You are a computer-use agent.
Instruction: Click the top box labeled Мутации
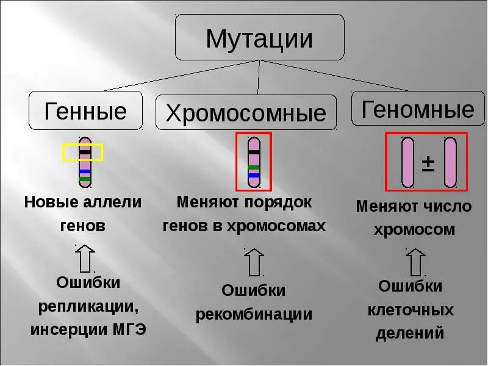(x=260, y=38)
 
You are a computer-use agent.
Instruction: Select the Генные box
(x=85, y=111)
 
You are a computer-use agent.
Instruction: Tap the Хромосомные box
(x=246, y=113)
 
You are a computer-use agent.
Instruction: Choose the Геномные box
(x=418, y=109)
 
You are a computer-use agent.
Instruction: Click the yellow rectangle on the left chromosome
(x=83, y=152)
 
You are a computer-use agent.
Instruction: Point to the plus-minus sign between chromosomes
(x=428, y=163)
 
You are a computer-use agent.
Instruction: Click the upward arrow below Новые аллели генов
(x=85, y=258)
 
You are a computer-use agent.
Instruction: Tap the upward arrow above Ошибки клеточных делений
(x=416, y=262)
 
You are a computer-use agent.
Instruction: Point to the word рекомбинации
(x=254, y=315)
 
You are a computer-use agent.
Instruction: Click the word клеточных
(x=411, y=310)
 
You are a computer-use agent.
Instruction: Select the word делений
(x=410, y=334)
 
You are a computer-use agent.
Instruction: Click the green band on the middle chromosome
(x=254, y=167)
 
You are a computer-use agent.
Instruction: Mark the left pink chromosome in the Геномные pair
(x=407, y=162)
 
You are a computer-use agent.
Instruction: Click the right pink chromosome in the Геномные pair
(x=450, y=162)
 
